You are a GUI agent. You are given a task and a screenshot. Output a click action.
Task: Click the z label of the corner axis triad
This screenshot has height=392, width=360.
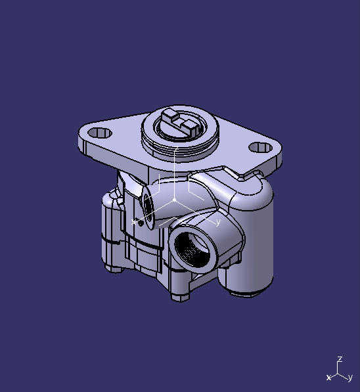[x=340, y=360]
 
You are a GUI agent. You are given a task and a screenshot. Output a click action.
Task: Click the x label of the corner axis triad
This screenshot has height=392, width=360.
[x=328, y=378]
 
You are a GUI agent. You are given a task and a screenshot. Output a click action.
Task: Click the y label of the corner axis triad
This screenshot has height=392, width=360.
[x=350, y=378]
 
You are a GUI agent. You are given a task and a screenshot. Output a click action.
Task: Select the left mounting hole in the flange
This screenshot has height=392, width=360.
[x=99, y=133]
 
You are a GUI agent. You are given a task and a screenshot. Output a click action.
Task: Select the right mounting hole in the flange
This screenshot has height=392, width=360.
[x=264, y=146]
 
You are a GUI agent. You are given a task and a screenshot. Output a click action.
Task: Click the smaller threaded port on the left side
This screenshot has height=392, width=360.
[x=149, y=208]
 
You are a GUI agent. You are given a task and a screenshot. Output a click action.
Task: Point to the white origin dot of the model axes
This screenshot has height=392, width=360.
[x=174, y=200]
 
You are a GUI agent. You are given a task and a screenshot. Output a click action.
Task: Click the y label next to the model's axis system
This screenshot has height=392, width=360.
[x=217, y=223]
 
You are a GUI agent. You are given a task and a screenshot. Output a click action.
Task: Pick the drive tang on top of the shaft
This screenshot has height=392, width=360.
[x=179, y=121]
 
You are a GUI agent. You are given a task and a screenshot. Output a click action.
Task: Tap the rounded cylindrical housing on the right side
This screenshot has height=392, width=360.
[x=253, y=243]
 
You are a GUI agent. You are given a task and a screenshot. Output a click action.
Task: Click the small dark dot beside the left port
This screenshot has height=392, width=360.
[x=137, y=220]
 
